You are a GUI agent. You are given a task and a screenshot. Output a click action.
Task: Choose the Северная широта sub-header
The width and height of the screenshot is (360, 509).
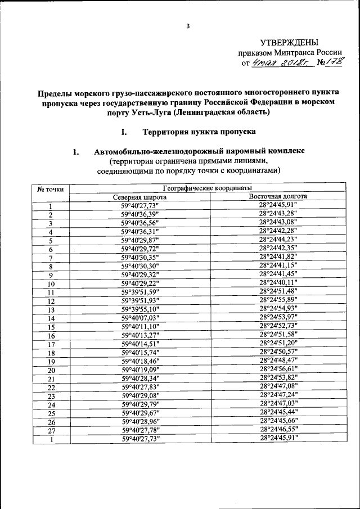tap(140, 197)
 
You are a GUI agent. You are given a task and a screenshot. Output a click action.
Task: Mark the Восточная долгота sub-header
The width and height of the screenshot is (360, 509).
tap(278, 197)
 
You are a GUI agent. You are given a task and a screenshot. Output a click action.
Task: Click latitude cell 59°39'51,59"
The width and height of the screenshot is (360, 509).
tap(140, 291)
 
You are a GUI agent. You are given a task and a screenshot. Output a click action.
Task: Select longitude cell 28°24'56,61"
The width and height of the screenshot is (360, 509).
tap(278, 369)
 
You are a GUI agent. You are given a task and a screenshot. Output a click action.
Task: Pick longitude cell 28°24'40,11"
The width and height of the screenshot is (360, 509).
tap(278, 282)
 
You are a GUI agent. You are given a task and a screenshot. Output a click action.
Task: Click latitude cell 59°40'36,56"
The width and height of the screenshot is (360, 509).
tap(140, 223)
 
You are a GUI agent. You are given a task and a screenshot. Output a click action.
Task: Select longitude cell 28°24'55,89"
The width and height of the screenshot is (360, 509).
tap(278, 300)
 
